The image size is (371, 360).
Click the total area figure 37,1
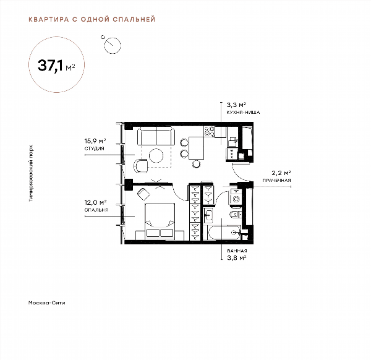pos(51,66)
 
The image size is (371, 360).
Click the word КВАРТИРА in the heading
pos(49,19)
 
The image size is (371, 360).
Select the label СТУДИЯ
pos(94,148)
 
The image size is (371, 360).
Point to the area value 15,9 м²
pos(95,141)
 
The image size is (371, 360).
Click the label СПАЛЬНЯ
pos(96,210)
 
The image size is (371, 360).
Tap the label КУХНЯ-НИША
pos(243,112)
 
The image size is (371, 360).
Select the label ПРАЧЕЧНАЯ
pos(276,181)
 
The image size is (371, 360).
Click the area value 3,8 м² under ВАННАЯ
pos(237,258)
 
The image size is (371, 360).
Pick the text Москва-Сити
pos(46,302)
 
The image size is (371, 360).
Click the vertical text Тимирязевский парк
pos(31,173)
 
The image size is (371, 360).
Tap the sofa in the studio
pos(156,135)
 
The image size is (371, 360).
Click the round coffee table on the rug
pos(156,155)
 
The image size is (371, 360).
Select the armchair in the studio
pos(141,166)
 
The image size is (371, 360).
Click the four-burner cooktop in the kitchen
pos(210,131)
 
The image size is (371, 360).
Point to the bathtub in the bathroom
pos(224,233)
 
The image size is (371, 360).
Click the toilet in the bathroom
pos(236,215)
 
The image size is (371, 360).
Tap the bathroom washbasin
pos(208,215)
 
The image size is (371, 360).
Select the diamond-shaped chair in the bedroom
pos(143,194)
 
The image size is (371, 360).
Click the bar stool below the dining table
pos(197,164)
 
